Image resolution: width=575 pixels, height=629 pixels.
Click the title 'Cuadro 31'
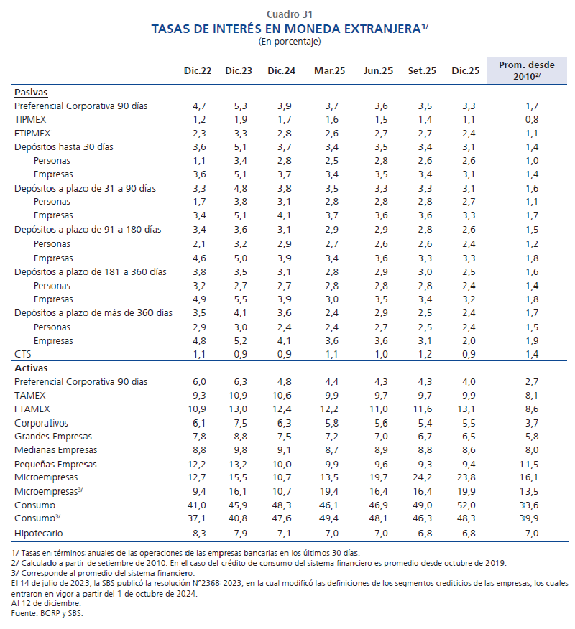(289, 14)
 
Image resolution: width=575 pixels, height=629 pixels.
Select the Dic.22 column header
(197, 70)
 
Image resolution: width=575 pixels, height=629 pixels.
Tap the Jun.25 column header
(378, 70)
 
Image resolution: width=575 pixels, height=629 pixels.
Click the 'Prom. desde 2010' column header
(531, 70)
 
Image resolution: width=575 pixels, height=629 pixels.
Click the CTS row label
(22, 354)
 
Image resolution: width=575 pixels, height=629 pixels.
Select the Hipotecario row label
(40, 533)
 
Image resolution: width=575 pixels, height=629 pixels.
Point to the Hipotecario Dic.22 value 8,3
(199, 533)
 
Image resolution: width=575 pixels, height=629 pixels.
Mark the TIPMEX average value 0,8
(531, 119)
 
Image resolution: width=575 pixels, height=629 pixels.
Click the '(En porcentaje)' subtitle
(289, 41)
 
